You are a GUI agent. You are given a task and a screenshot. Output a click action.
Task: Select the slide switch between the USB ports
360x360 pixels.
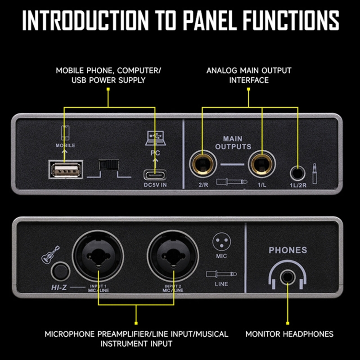click(x=108, y=166)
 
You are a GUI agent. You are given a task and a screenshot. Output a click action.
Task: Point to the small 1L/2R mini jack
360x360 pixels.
click(x=297, y=172)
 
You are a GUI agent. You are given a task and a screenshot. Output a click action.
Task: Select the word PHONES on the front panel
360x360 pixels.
click(x=288, y=250)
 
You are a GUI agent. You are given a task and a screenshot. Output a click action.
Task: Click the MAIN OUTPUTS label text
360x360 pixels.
click(x=233, y=143)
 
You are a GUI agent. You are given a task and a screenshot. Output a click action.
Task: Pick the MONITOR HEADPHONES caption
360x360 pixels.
click(x=289, y=334)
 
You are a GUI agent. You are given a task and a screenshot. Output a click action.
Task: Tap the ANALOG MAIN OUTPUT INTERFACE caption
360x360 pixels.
click(x=248, y=76)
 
